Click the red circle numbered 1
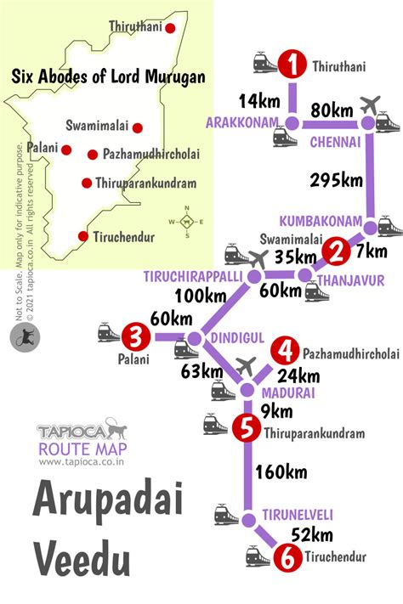[x=293, y=65]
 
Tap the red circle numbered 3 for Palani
[x=133, y=335]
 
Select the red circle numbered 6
[x=285, y=557]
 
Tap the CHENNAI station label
[x=335, y=141]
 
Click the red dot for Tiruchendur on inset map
[x=82, y=236]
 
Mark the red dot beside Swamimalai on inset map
[x=137, y=127]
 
